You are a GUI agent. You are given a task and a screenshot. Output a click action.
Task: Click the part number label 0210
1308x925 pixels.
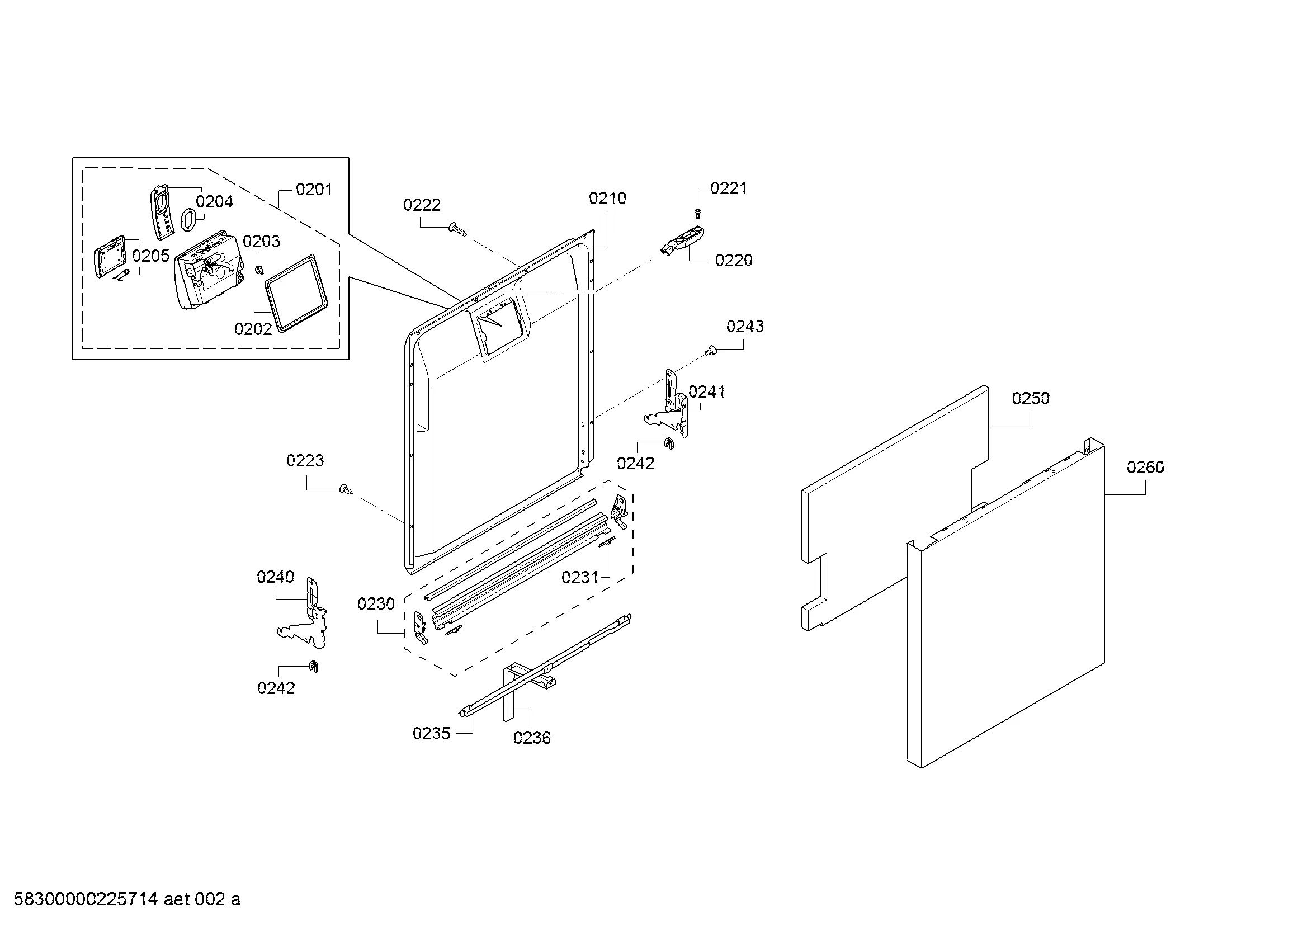(x=607, y=198)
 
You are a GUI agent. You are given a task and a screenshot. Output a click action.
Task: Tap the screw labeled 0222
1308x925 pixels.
(x=457, y=229)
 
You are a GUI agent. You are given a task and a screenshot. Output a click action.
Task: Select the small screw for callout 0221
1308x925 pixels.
(x=698, y=214)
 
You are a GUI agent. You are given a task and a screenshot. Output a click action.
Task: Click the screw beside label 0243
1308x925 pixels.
(x=710, y=351)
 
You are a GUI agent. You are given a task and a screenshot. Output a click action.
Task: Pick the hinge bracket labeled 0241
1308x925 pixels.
(x=671, y=405)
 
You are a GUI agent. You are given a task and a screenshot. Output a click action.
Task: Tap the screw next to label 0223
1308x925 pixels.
(x=345, y=489)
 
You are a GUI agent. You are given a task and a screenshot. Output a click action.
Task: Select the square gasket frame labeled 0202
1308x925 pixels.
(x=298, y=292)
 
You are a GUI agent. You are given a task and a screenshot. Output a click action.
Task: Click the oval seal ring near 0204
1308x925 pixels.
(x=188, y=219)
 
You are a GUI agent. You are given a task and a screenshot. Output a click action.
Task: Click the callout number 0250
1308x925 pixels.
(x=1031, y=398)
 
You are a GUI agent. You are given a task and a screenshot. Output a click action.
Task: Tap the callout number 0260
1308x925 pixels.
(x=1145, y=467)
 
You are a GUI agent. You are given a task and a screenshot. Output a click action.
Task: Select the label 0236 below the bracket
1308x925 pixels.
(x=531, y=738)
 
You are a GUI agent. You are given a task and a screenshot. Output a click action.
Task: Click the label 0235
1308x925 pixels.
(x=431, y=733)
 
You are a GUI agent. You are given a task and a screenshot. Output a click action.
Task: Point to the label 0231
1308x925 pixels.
(x=580, y=577)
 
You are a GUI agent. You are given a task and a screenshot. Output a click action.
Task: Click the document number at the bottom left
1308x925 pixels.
(x=126, y=899)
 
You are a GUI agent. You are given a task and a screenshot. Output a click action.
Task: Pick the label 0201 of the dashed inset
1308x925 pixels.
(x=314, y=189)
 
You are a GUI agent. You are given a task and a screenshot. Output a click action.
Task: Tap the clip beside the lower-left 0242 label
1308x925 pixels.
(x=313, y=667)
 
